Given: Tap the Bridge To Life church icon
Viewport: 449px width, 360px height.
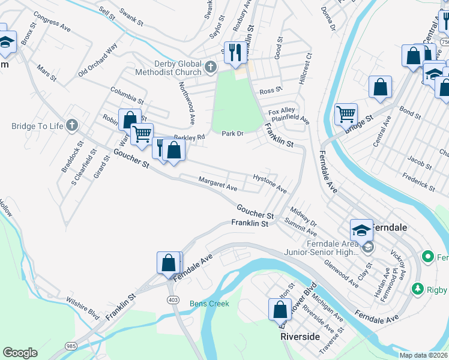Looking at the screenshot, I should (x=71, y=125).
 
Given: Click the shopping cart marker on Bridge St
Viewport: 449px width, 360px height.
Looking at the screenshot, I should (x=345, y=113).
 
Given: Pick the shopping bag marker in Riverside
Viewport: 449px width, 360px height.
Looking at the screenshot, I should (x=280, y=310).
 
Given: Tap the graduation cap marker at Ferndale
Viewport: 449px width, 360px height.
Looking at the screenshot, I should (x=361, y=230).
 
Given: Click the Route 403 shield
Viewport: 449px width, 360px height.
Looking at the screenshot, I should (x=173, y=299).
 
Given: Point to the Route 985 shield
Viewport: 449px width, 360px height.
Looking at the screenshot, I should (x=71, y=346).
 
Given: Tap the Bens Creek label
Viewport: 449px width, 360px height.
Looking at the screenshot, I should (x=209, y=304).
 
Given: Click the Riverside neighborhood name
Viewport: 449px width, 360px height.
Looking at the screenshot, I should (x=300, y=337).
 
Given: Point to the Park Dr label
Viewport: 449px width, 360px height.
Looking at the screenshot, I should (x=232, y=133).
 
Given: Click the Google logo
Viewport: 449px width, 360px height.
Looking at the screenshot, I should (x=20, y=353).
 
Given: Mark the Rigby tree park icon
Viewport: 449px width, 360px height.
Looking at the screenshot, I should (x=418, y=289).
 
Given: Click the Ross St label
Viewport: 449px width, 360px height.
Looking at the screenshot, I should (x=271, y=91).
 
